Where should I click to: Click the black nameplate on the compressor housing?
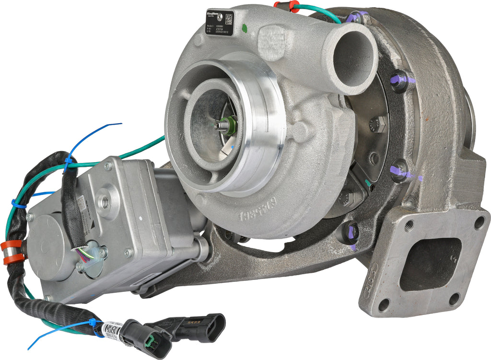219,23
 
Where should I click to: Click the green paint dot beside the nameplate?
245,27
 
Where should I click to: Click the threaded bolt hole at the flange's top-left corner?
409,226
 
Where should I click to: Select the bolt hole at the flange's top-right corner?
479,222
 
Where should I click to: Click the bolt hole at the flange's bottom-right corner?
454,299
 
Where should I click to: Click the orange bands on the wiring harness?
13,252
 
